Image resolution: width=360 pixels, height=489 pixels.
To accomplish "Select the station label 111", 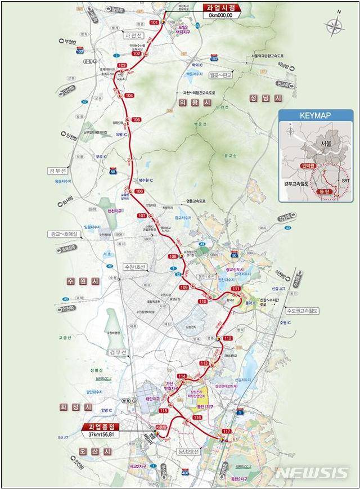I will click(236, 289).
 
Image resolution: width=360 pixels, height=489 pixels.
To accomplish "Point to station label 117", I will click(227, 431).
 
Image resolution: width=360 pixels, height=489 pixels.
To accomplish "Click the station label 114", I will click(181, 376).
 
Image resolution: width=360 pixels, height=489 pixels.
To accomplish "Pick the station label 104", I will click(129, 96).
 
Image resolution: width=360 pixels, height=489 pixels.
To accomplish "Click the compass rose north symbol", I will click(335, 26).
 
